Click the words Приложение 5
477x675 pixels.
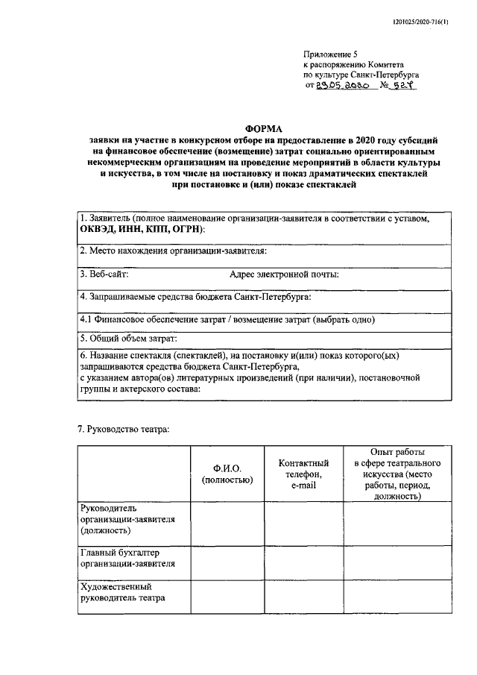[330, 54]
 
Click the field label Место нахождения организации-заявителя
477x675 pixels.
[173, 251]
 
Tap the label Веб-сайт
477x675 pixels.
[104, 274]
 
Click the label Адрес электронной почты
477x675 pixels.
[284, 274]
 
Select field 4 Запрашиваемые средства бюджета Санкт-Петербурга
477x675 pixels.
[195, 297]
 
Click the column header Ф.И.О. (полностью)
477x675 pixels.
[227, 474]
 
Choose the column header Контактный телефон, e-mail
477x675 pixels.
[303, 474]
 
